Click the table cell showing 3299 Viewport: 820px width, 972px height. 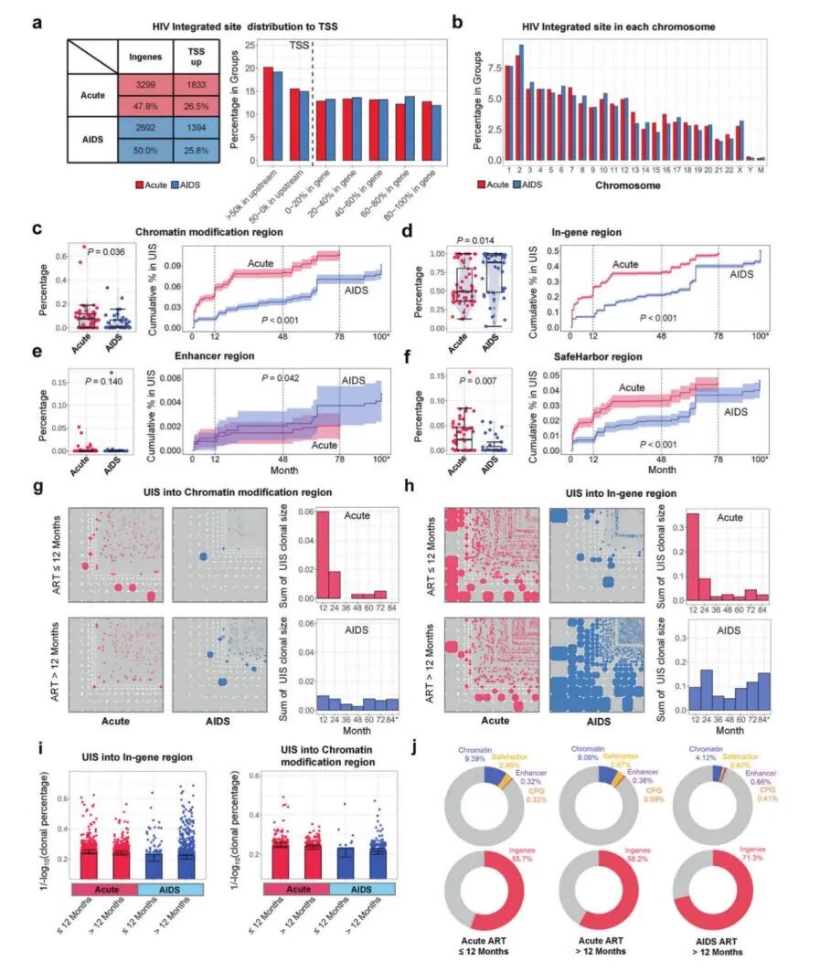click(x=145, y=86)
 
